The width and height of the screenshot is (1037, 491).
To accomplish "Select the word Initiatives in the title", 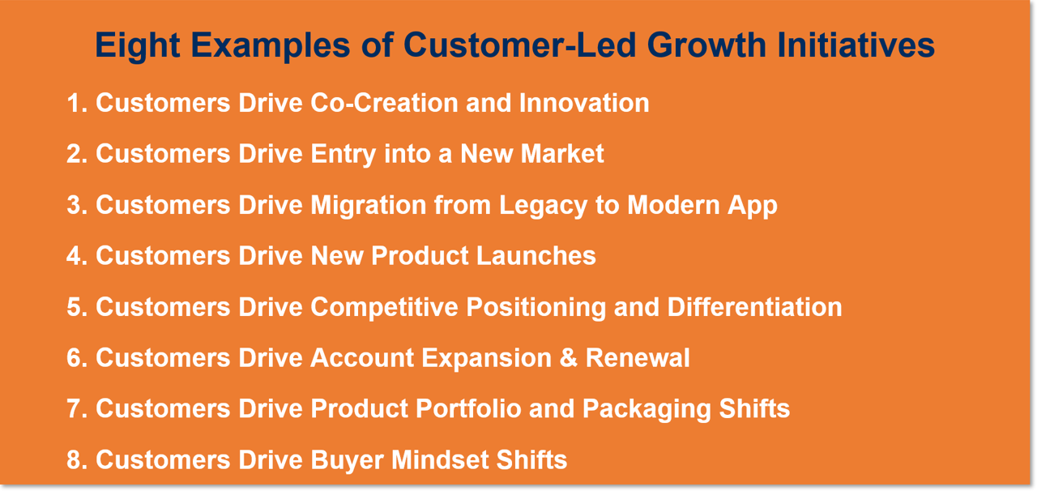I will (856, 45).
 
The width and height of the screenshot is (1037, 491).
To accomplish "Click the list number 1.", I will (75, 104).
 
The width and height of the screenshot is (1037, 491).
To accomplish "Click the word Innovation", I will (584, 104).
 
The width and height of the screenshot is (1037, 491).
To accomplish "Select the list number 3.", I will (75, 205).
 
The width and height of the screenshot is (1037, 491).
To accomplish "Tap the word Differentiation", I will (754, 307).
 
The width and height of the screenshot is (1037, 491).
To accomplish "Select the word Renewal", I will (638, 358).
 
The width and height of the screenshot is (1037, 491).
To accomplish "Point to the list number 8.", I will (75, 460).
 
